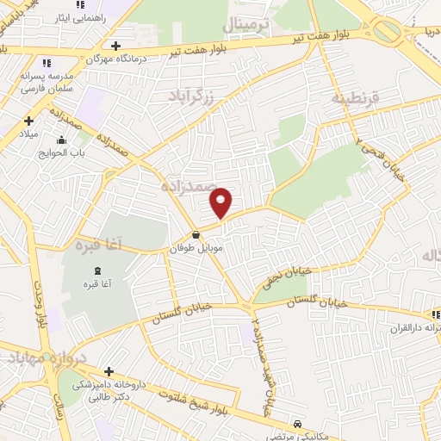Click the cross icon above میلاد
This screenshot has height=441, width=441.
(28, 121)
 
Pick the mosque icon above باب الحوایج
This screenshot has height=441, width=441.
(61, 141)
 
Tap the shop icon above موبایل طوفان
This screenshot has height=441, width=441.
(196, 233)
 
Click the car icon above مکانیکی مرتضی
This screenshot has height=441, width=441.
(297, 424)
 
